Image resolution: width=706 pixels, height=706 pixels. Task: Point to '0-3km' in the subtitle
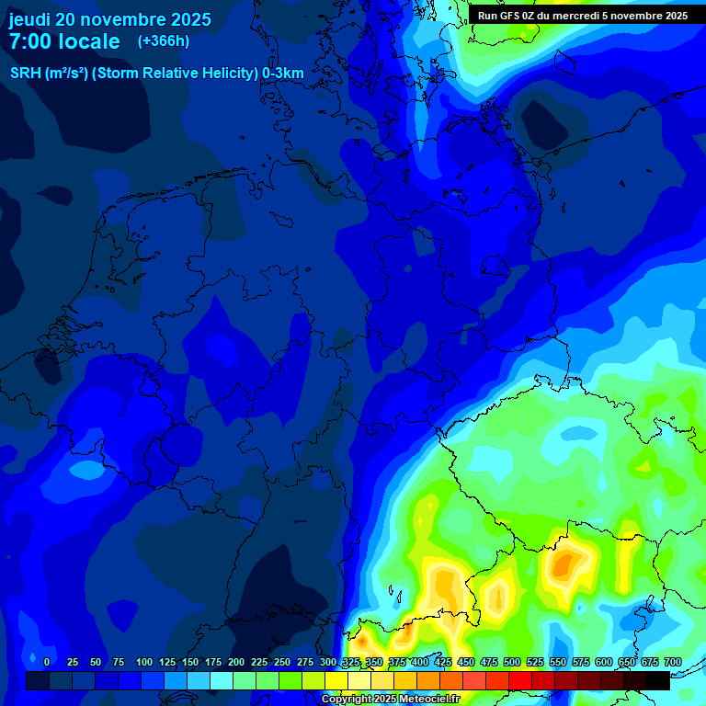coord(283,74)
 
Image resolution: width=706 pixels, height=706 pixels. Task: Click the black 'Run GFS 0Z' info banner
coord(583,15)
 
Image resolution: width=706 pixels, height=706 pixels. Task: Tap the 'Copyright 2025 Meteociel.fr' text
coord(390,700)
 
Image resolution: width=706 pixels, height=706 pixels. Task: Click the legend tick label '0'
coord(46,662)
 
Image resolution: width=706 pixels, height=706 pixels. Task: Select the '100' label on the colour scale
coord(144,662)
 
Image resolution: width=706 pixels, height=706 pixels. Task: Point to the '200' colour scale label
coord(236,662)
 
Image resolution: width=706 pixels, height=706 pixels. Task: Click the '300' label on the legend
coord(328,662)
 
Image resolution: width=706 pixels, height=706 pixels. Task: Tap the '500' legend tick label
coord(512,662)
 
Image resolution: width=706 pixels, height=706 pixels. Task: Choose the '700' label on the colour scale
coord(673,662)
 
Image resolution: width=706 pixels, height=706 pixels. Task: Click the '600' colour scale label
coord(604,662)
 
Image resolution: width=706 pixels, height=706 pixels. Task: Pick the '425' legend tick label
coord(443,662)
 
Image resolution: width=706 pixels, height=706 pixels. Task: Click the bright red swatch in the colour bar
coord(519,681)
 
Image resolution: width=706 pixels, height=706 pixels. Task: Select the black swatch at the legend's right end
coord(657,681)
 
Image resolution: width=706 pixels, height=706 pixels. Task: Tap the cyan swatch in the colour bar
coord(221,681)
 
